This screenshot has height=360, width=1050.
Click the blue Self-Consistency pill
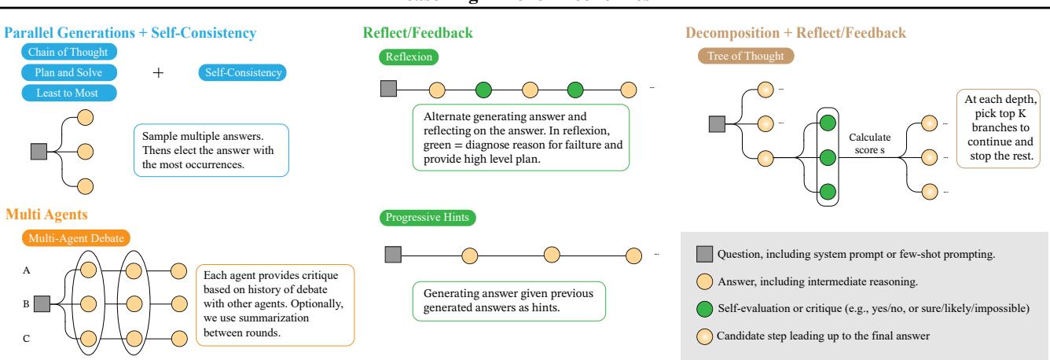(x=243, y=73)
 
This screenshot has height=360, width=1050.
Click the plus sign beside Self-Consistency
(x=159, y=73)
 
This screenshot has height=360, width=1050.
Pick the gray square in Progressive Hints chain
(x=392, y=254)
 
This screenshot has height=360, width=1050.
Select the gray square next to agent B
(x=42, y=302)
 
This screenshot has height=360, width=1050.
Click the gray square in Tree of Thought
(x=717, y=124)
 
